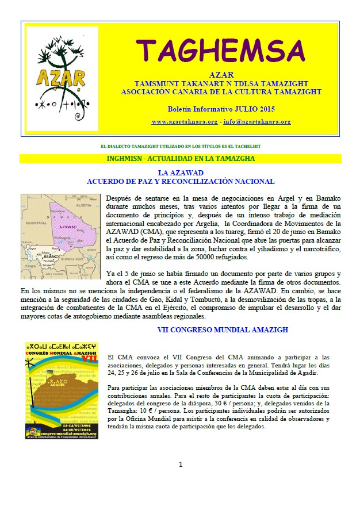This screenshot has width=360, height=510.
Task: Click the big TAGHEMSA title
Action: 221,51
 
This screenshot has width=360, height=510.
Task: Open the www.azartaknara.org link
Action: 184,122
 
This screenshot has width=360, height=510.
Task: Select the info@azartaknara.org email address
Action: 257,122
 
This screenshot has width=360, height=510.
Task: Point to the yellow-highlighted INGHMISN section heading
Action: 181,158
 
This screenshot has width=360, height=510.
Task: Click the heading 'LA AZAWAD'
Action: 181,172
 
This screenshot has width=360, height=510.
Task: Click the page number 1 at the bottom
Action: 180,464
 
